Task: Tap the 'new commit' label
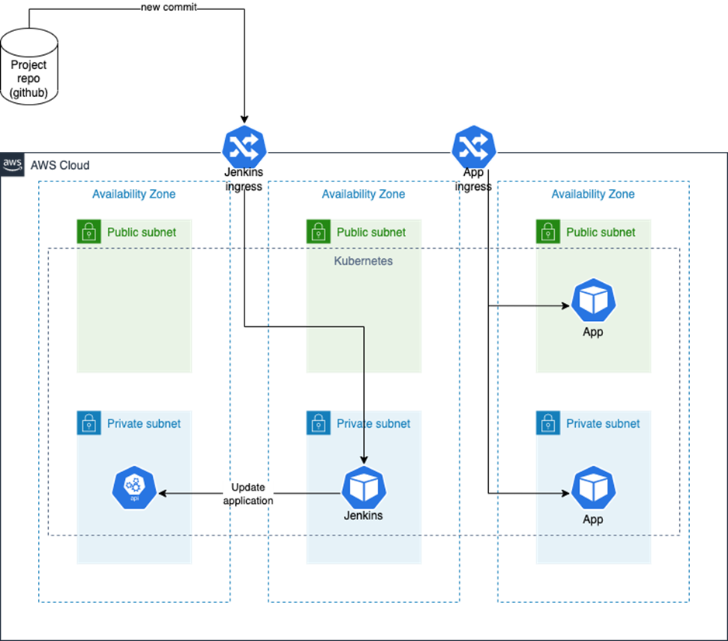[x=168, y=7]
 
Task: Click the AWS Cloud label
[x=59, y=165]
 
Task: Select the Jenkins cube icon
[x=364, y=488]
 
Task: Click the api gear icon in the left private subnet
[x=134, y=488]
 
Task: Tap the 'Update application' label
[x=248, y=494]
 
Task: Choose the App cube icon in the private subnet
[x=594, y=488]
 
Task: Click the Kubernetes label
[x=363, y=261]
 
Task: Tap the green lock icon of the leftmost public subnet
[x=89, y=232]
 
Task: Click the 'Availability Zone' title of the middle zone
[x=363, y=194]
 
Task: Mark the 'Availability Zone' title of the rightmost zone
[x=593, y=194]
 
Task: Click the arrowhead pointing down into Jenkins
[x=364, y=460]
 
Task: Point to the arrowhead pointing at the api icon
[x=165, y=493]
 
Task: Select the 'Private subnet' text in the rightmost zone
[x=603, y=423]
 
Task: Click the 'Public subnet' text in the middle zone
[x=371, y=232]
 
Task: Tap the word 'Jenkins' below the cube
[x=363, y=515]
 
